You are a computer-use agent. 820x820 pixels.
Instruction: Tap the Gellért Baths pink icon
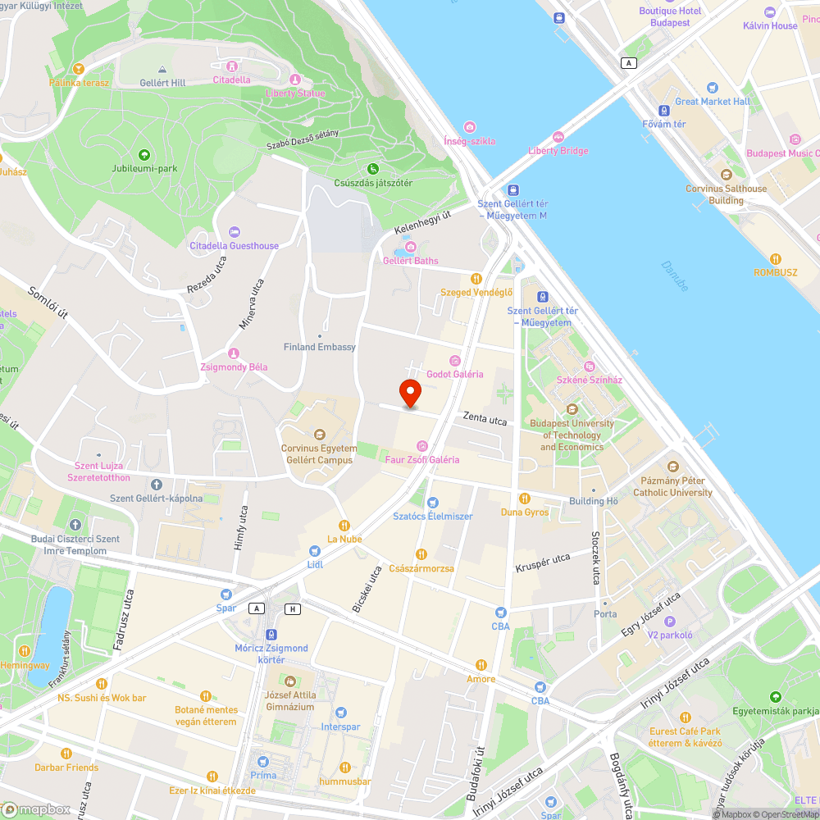click(x=411, y=247)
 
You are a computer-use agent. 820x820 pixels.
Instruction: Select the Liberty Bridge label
click(x=558, y=151)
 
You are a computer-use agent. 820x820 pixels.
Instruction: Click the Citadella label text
click(x=231, y=80)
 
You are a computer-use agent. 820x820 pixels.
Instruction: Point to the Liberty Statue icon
click(x=295, y=80)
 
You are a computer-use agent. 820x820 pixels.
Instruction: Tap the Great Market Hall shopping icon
click(x=713, y=88)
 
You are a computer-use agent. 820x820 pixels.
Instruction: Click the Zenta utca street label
click(x=485, y=418)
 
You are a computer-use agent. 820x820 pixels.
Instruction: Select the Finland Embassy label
click(x=320, y=347)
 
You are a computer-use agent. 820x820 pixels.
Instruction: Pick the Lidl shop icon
click(x=315, y=551)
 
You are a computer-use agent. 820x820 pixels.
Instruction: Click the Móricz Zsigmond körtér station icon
click(x=271, y=635)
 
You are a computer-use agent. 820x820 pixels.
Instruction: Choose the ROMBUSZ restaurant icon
click(x=776, y=258)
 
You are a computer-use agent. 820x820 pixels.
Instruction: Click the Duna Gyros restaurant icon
click(x=525, y=499)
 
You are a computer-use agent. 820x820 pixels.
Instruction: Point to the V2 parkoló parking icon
click(x=670, y=622)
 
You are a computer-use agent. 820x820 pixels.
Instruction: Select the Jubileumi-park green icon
click(x=144, y=155)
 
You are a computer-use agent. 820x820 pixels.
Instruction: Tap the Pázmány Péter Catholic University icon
click(x=673, y=466)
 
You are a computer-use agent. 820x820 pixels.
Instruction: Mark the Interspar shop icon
click(x=340, y=713)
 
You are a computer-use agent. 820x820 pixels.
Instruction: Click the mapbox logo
click(x=37, y=809)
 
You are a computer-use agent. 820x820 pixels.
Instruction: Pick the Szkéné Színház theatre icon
click(x=589, y=367)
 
